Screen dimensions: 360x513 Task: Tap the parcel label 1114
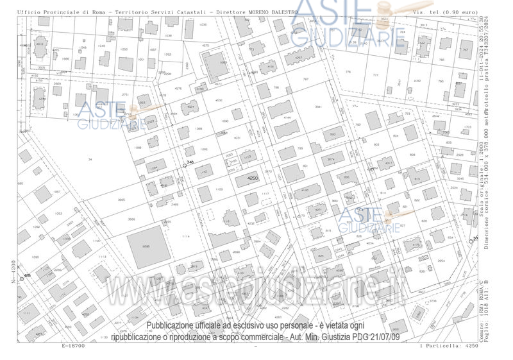186,237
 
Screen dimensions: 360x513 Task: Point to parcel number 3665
122,200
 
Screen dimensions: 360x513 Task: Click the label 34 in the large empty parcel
90,159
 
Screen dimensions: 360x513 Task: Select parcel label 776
348,72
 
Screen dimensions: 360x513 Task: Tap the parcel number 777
376,74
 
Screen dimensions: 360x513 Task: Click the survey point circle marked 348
185,166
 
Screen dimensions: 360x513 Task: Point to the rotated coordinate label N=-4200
13,271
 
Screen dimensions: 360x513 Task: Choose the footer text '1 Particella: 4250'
449,346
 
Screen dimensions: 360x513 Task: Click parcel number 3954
441,261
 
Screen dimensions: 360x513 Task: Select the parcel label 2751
125,95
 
